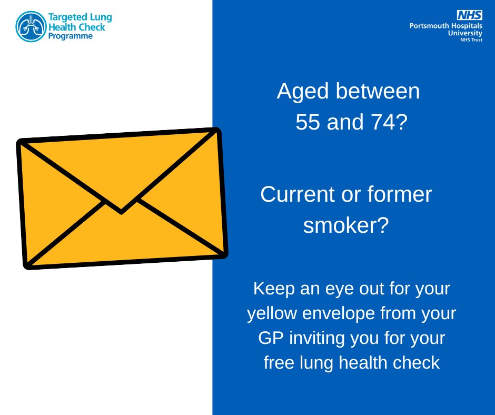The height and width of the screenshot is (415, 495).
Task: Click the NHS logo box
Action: tap(469, 15)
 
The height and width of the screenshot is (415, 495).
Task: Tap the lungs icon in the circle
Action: tap(31, 26)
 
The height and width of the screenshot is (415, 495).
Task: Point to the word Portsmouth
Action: tap(430, 25)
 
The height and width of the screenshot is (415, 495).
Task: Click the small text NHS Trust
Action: tap(470, 39)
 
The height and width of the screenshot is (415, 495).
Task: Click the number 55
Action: tap(308, 123)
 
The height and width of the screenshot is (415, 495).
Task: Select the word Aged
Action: tap(303, 92)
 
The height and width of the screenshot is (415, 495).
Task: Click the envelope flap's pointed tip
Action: tap(121, 211)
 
